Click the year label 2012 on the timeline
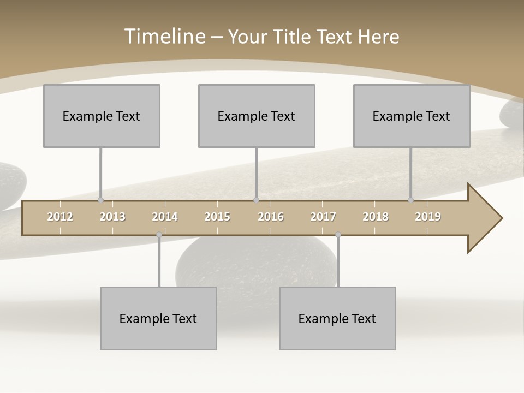[x=60, y=217]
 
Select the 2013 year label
[x=112, y=217]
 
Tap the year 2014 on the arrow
[x=165, y=217]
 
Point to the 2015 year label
[x=217, y=217]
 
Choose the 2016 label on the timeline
[x=271, y=217]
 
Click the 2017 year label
[x=323, y=217]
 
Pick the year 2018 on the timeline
[x=376, y=217]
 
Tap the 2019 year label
[x=428, y=217]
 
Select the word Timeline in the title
[x=164, y=37]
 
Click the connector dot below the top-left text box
[x=100, y=200]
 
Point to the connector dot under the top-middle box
[x=256, y=200]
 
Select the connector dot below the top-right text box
[x=410, y=200]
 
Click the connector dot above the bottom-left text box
[x=159, y=235]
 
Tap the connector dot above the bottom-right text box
[x=338, y=235]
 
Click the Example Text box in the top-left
[x=102, y=116]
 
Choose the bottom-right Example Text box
[x=337, y=318]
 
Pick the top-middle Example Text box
[x=257, y=116]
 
